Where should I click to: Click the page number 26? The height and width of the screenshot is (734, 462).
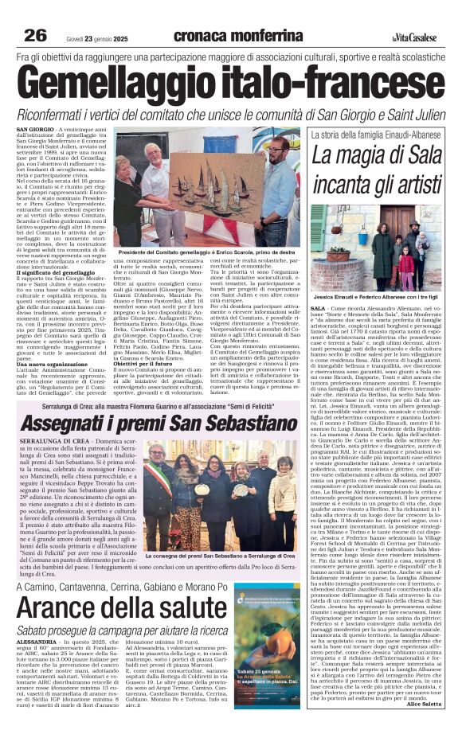click(36, 34)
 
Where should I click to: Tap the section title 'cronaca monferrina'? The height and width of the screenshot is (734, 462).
click(231, 34)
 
